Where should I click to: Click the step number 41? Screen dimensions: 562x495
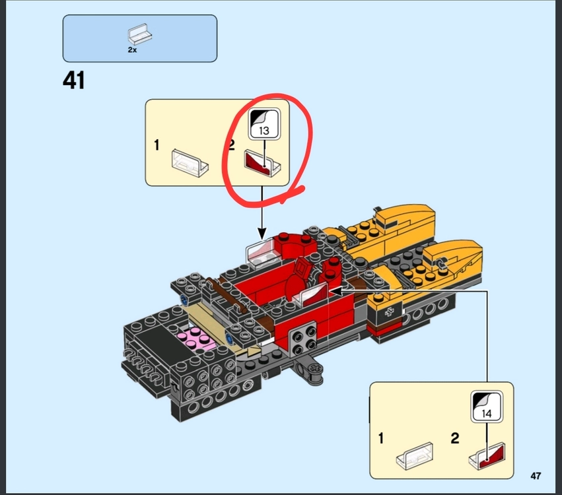click(74, 80)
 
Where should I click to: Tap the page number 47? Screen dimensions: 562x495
click(536, 476)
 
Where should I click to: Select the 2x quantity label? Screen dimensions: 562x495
click(132, 49)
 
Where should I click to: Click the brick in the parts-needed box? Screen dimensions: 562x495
click(139, 34)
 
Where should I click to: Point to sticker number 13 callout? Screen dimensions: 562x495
click(264, 124)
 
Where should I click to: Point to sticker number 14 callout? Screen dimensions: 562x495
click(486, 407)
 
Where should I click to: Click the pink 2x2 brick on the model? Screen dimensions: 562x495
click(196, 339)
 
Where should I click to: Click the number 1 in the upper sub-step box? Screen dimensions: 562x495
click(157, 145)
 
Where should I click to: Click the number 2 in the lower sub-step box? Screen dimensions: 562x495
click(455, 438)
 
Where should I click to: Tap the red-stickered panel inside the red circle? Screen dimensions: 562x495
click(262, 164)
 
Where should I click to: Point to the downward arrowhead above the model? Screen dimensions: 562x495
click(262, 234)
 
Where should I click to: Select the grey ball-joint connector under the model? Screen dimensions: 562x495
click(309, 372)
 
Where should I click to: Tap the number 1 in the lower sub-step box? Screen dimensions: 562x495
click(380, 438)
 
